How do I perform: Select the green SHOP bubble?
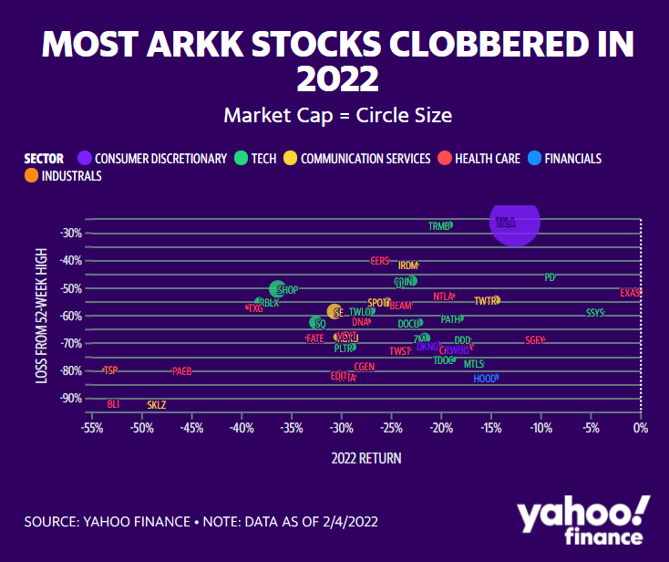tap(278, 289)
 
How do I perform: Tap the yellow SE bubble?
tap(334, 312)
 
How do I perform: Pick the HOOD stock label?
tap(485, 378)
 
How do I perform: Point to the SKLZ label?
tap(157, 404)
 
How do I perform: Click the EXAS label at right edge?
tap(631, 293)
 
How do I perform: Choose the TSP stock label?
tap(110, 369)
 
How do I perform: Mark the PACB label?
tap(181, 371)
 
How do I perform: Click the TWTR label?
tap(486, 300)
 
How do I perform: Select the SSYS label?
tap(595, 313)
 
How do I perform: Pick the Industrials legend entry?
tap(63, 176)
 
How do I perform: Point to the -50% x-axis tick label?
tap(141, 427)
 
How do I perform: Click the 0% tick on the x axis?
tap(641, 427)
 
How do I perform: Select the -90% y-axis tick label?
tap(71, 398)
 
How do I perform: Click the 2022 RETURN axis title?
tap(365, 458)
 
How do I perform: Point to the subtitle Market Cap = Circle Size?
tap(337, 116)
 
